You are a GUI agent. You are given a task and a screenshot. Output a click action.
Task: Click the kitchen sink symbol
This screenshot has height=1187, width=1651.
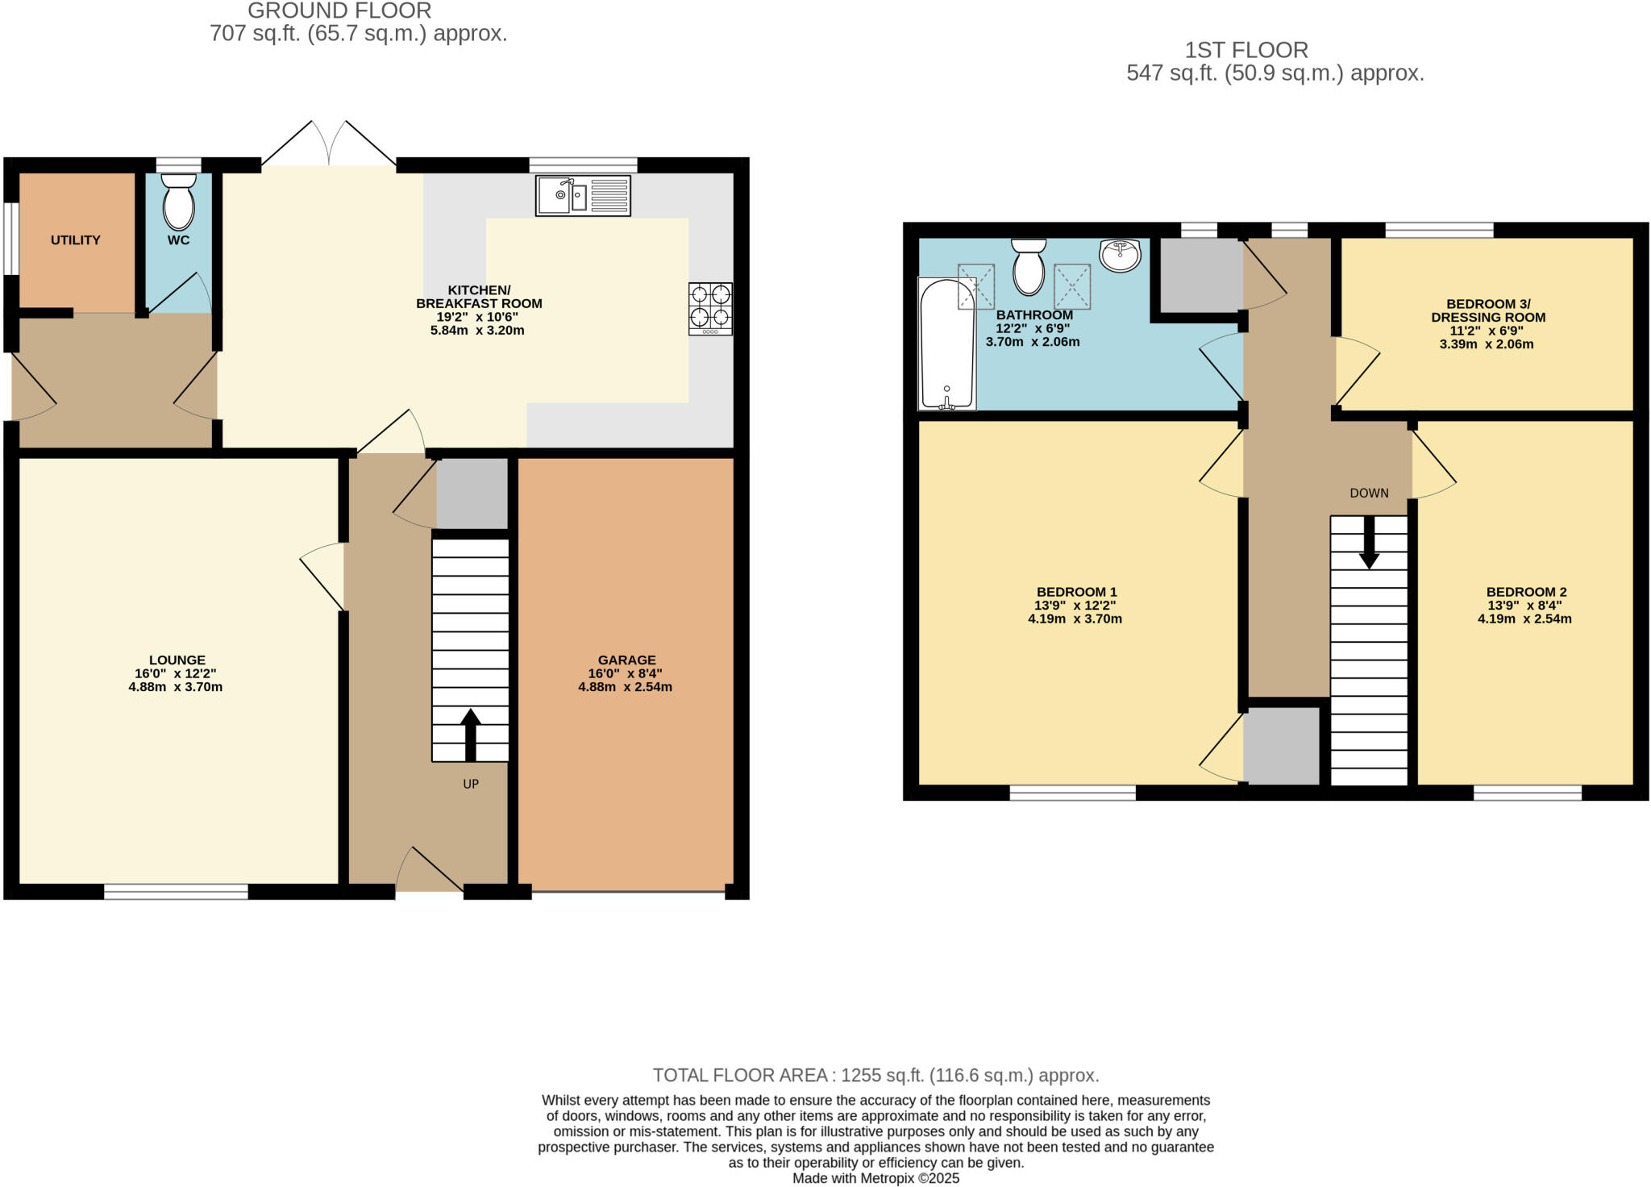point(583,195)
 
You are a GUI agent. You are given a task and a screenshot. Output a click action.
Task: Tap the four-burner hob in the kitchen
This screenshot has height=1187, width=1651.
point(710,309)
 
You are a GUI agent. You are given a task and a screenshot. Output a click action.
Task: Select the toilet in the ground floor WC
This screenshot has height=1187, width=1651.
point(178,205)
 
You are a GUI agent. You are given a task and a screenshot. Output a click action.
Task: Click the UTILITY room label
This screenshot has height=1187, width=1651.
point(76,240)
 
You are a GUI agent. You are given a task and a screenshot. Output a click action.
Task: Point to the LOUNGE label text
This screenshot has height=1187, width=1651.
point(177,660)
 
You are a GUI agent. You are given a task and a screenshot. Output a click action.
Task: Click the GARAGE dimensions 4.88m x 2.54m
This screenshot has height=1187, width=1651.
point(625,687)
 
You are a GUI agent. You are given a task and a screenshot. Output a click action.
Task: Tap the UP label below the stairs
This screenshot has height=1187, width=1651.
point(471,784)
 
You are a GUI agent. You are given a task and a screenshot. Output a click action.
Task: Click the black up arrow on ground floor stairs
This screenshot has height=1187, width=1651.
point(471,734)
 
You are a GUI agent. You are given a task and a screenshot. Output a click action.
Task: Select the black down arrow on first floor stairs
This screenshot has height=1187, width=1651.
point(1369,542)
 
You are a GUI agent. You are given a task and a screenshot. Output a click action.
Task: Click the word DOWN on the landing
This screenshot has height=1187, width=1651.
point(1369,493)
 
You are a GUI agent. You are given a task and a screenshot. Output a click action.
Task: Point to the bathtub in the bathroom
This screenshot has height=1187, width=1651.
point(946,344)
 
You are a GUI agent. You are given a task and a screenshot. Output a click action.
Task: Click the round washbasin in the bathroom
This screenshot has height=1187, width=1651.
point(1120,255)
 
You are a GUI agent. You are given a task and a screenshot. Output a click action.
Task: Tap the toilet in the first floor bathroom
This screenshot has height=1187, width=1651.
point(1029,268)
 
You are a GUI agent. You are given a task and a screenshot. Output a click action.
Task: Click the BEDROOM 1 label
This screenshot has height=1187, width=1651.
point(1076,592)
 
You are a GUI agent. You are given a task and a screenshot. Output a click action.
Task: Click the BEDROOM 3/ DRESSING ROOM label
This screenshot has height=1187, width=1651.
point(1487,310)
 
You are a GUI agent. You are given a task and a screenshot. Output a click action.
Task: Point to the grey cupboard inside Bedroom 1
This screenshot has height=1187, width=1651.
point(1281,746)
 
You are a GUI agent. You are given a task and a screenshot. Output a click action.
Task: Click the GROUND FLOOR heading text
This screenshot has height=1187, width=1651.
point(339,11)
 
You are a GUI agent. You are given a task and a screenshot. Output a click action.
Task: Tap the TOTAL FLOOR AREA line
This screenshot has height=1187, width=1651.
point(875,1075)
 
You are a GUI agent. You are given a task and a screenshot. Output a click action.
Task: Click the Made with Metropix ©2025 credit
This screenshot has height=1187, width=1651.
point(875,1178)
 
